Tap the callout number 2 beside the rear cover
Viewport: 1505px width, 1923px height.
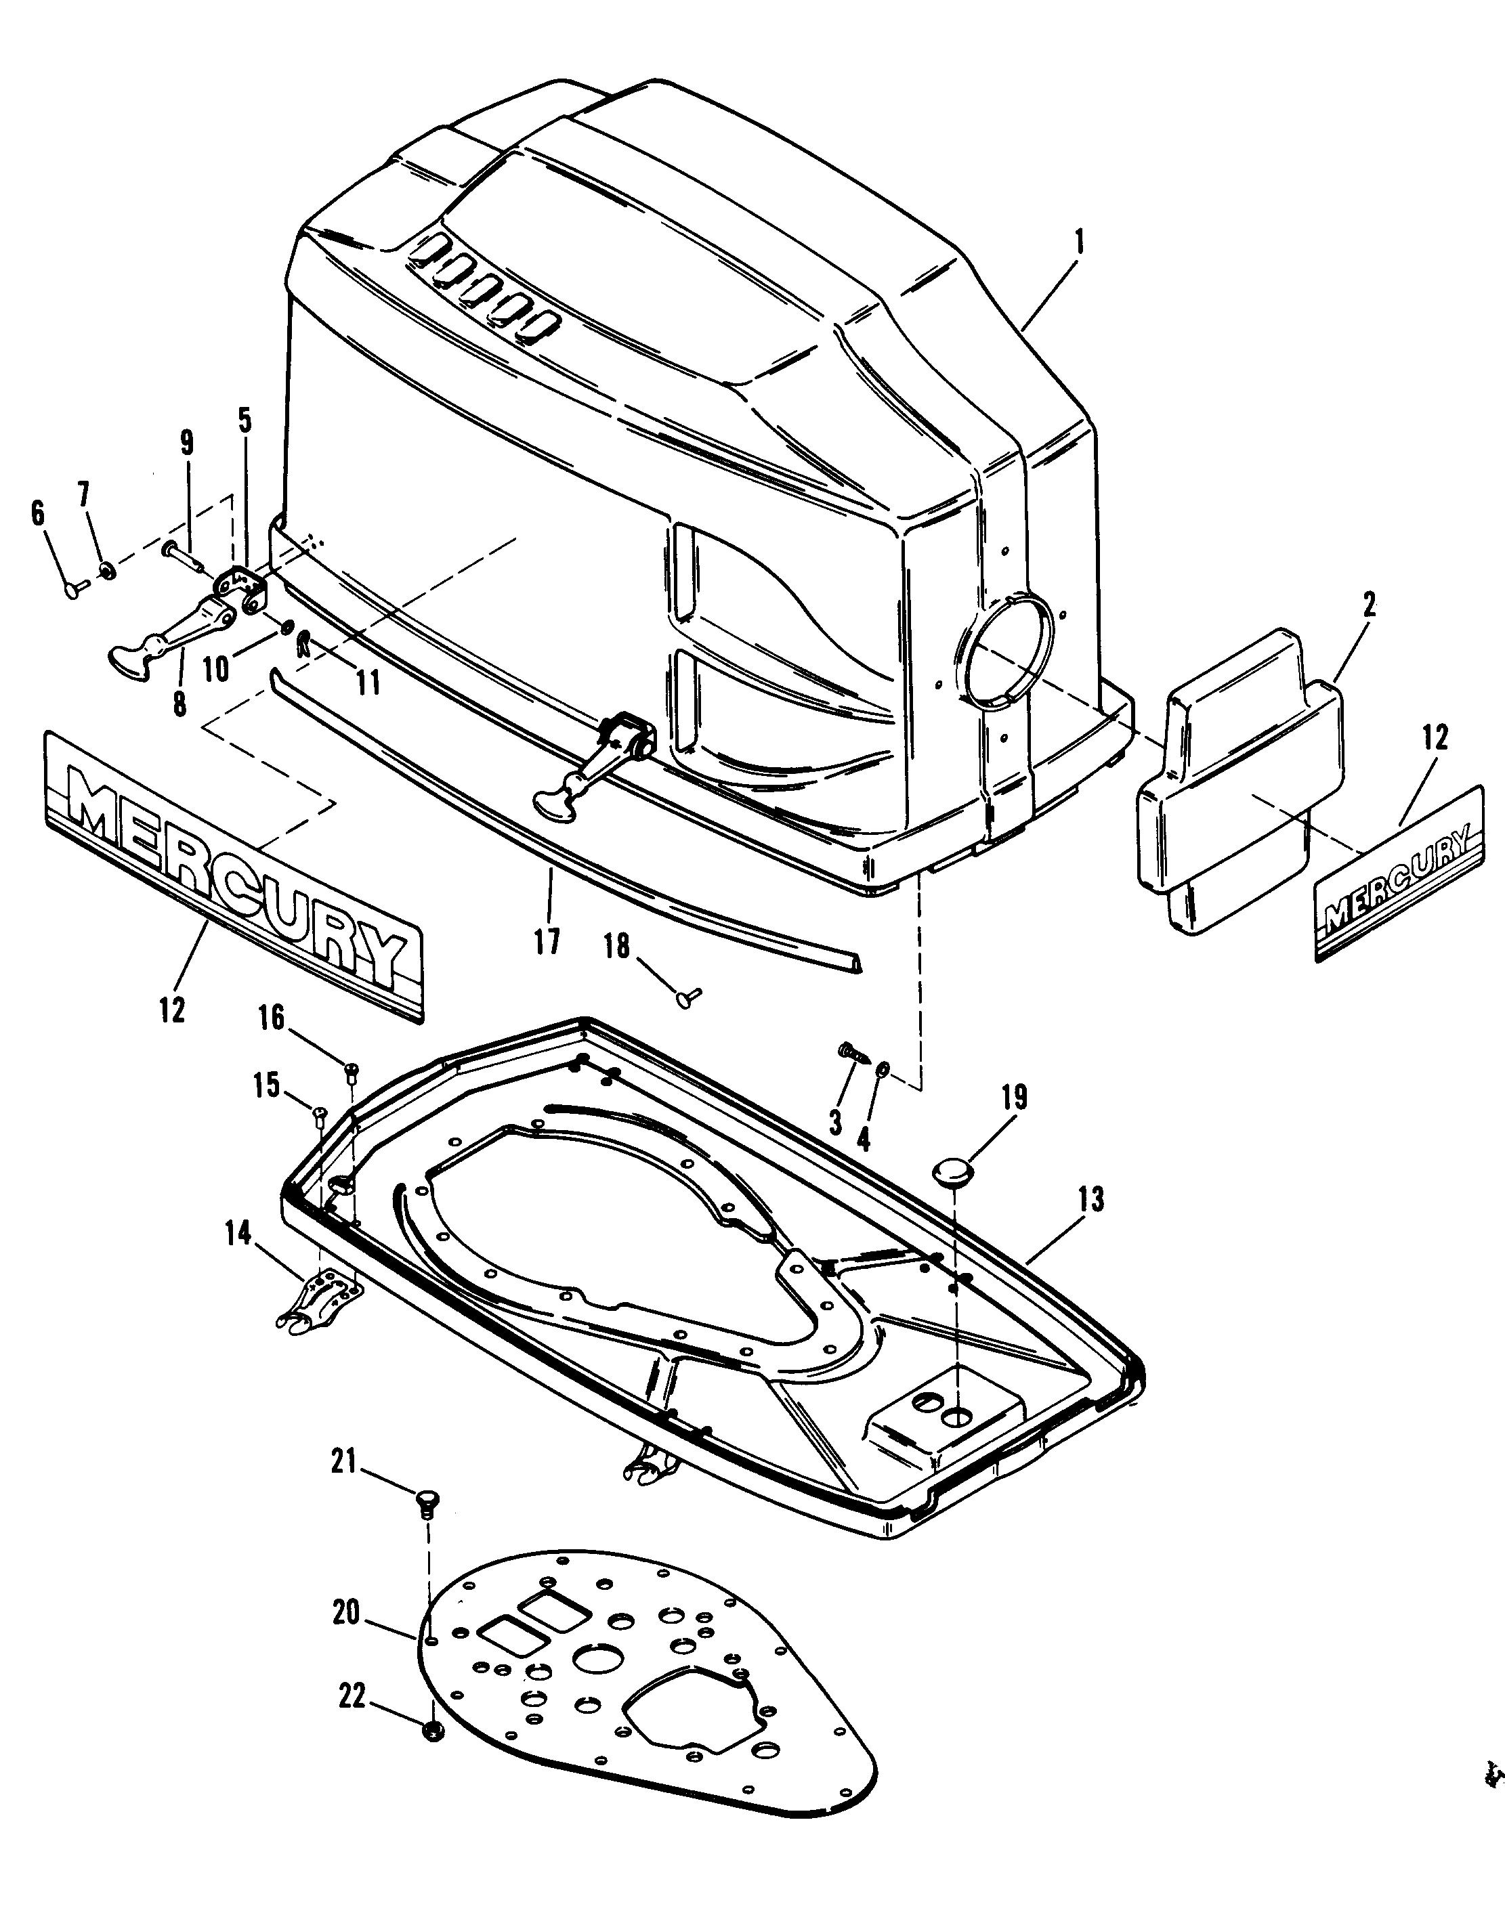point(1368,605)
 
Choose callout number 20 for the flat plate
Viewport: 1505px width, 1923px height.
point(346,1613)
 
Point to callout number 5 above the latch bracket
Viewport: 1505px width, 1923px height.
point(244,421)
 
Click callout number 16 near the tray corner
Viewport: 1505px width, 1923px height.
point(272,1018)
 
